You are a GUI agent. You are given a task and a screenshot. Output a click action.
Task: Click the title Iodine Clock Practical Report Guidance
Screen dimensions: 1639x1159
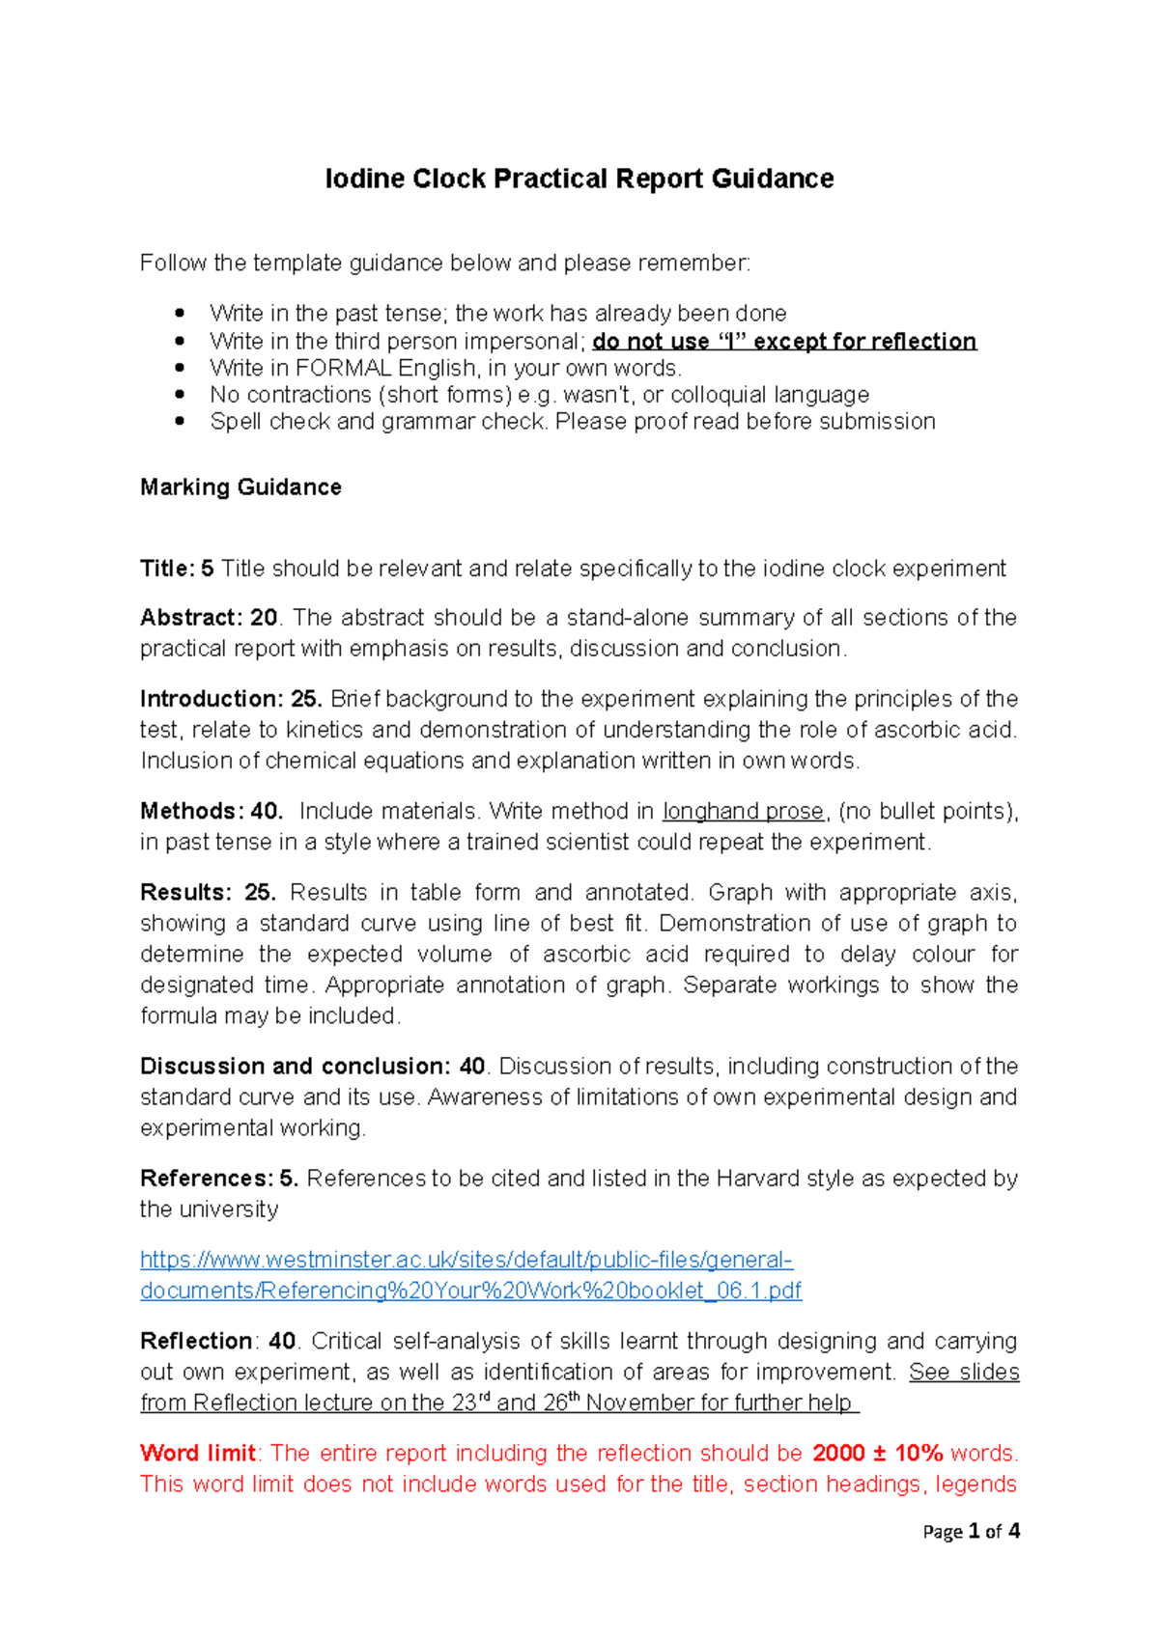(579, 180)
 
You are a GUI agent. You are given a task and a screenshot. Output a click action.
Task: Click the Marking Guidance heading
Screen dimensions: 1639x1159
(240, 487)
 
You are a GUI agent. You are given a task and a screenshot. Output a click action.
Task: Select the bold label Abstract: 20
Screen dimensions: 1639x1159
(209, 618)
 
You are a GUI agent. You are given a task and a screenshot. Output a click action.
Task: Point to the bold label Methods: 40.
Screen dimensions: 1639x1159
(211, 812)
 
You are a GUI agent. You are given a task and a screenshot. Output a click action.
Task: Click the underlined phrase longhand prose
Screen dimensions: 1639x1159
(743, 812)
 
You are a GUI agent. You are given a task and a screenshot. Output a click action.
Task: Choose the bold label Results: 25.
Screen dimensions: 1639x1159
(208, 893)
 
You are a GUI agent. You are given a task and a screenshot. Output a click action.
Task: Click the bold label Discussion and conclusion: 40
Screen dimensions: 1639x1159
(312, 1067)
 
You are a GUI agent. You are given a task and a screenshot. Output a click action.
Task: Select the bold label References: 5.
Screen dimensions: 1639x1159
(218, 1179)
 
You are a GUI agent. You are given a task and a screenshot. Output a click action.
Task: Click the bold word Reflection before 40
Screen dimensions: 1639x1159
(196, 1342)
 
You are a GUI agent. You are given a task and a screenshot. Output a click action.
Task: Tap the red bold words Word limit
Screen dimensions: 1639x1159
(197, 1454)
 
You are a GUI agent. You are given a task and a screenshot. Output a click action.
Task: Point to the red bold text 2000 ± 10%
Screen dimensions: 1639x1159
(877, 1454)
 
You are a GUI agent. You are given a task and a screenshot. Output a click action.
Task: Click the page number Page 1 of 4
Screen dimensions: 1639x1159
(971, 1532)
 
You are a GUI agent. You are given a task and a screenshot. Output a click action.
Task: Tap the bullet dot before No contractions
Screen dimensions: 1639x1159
(179, 395)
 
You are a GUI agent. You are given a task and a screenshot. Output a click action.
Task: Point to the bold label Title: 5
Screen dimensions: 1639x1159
(177, 569)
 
